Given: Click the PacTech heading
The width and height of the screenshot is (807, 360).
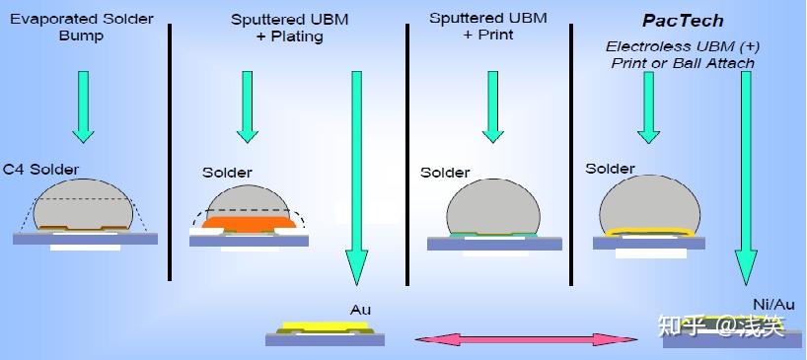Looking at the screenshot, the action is pos(683,21).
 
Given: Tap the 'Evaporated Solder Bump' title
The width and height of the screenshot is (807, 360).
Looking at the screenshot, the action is pos(81,28).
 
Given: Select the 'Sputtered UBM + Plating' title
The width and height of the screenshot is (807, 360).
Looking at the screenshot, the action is pos(289,28).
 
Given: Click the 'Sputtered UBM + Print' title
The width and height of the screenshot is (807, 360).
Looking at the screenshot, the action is pos(488,27).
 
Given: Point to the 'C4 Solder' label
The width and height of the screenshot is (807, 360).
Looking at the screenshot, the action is pos(41,170).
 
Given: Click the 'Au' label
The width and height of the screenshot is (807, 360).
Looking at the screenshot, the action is pos(360,310).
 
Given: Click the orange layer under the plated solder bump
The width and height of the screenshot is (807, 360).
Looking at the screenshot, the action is pos(249,222).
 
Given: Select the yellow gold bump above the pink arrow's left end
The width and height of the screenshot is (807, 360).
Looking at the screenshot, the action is pos(326,325).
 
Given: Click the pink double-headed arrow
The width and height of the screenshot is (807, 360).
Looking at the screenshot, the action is pos(527,339).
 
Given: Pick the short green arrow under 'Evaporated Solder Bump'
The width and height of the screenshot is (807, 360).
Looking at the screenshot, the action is pos(83,107).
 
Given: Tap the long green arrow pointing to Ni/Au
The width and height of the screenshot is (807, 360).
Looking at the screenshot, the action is pos(746,178).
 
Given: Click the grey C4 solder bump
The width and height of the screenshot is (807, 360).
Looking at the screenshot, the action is pos(83,203).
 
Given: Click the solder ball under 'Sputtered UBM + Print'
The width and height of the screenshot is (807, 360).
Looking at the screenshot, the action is pos(493,207).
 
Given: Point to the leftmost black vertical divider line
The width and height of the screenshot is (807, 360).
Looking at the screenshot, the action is pos(170,152).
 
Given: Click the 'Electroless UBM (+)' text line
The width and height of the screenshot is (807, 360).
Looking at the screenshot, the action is pos(683,46).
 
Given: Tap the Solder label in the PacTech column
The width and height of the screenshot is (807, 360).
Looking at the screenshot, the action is pos(610,169).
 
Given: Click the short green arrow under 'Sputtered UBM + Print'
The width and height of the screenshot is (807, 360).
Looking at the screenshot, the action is pos(492,107).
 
